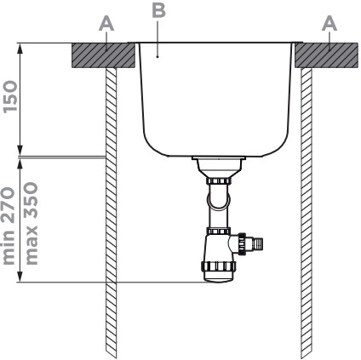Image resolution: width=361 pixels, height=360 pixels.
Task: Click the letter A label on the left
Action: pos(106,24)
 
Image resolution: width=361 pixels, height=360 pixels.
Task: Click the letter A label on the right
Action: pos(329,24)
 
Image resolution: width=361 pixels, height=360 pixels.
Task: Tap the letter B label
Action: pos(158,10)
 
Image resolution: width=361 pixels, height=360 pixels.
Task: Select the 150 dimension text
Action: pos(10,97)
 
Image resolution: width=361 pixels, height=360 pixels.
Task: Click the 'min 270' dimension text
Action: pos(9,226)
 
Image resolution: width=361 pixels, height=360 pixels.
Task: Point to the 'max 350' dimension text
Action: pos(32,223)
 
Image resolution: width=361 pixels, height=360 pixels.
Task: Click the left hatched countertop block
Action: pos(103,55)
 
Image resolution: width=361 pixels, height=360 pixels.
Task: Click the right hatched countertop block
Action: pos(326,55)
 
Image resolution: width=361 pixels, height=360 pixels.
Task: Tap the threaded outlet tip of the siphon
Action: pos(259,243)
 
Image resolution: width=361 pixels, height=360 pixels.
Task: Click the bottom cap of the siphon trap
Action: pos(219,277)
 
